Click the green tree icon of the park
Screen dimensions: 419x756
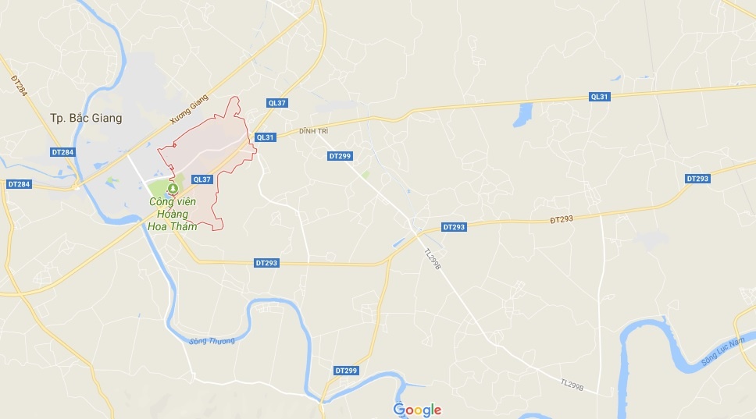pos(173,188)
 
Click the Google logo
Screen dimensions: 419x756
pos(417,410)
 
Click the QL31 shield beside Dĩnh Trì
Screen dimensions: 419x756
pos(266,137)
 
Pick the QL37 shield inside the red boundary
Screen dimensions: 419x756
pos(201,179)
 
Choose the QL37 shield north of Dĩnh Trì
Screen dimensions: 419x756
pos(278,103)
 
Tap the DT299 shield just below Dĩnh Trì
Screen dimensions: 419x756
pos(340,156)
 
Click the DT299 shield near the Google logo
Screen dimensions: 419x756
pos(345,370)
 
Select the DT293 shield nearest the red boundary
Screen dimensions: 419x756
pos(266,263)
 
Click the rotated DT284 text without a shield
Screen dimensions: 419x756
pos(19,85)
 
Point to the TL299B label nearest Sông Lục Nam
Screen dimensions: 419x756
pos(572,384)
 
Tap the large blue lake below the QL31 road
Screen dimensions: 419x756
pos(521,115)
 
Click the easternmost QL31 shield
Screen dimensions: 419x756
pos(599,97)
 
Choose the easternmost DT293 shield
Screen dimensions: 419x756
pos(697,179)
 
